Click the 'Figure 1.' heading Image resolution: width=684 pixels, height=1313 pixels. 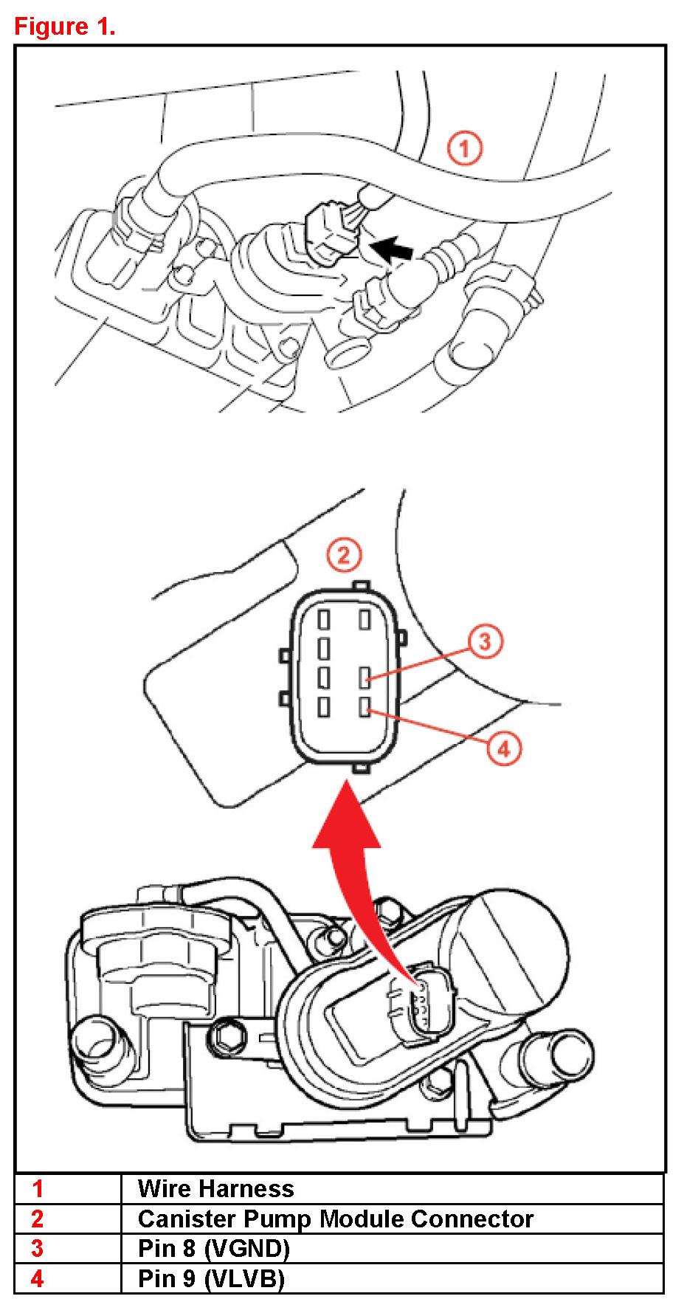tap(65, 27)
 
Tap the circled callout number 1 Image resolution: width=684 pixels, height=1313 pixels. tap(465, 149)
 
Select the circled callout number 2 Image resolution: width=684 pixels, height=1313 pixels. tap(344, 555)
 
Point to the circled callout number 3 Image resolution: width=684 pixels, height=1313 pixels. tap(485, 641)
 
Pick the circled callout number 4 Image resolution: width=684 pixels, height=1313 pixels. tap(504, 749)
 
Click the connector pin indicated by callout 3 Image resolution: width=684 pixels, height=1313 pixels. tap(365, 677)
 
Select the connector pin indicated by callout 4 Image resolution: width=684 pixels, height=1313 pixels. tap(365, 708)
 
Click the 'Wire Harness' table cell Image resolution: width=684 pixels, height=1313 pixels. tap(215, 1189)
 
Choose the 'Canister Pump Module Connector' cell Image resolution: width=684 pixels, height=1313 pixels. tap(336, 1219)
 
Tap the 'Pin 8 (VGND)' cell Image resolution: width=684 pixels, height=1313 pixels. tap(214, 1248)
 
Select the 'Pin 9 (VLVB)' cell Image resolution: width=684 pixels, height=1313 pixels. tap(211, 1278)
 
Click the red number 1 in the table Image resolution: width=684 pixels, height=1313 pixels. tap(38, 1189)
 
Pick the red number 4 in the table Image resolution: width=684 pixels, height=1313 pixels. tap(38, 1278)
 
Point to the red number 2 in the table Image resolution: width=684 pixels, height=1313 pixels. tap(38, 1219)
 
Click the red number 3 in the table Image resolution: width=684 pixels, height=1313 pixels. tap(38, 1248)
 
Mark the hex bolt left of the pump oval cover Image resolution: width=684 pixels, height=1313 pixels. tap(228, 1036)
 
